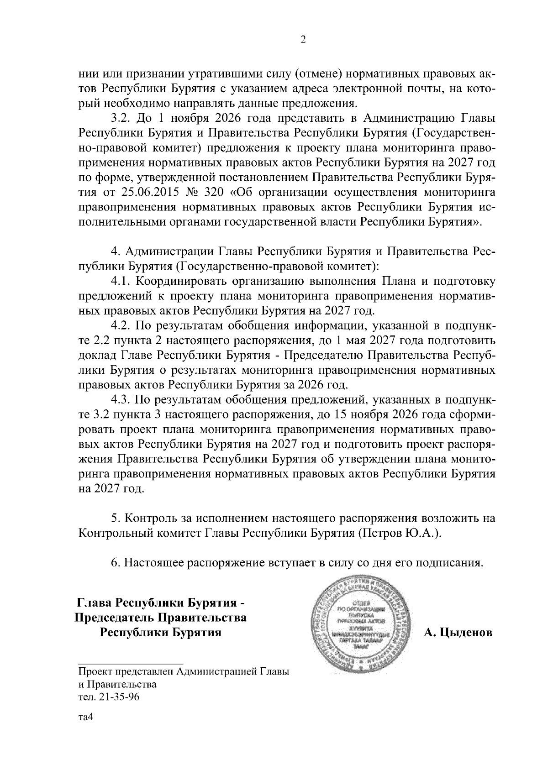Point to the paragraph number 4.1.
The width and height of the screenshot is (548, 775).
click(121, 281)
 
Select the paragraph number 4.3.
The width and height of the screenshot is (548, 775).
click(121, 400)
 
